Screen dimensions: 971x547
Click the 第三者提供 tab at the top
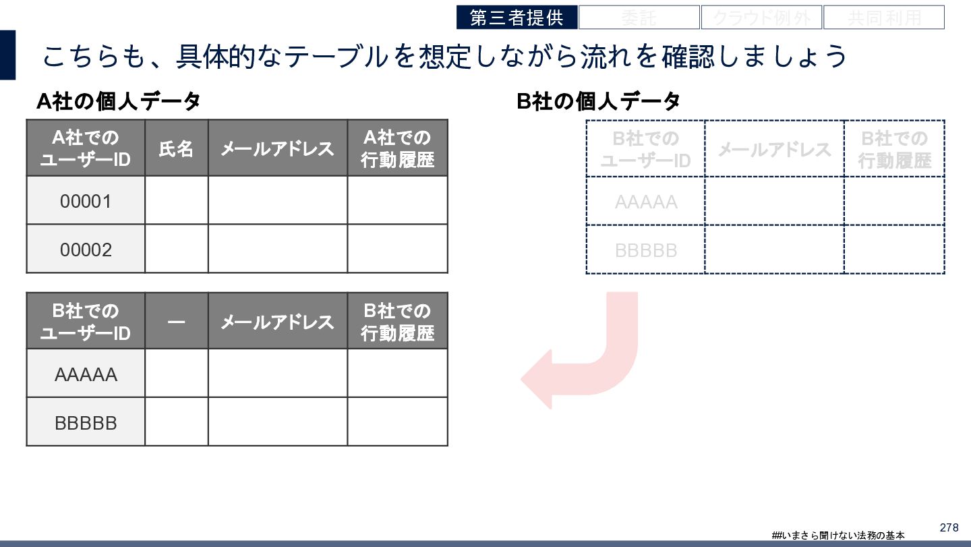point(517,18)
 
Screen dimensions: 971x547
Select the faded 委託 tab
point(639,18)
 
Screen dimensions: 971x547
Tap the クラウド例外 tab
point(761,18)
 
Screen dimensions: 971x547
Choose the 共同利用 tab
point(883,18)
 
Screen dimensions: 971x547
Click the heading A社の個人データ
point(119,102)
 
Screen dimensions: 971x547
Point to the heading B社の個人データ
point(598,102)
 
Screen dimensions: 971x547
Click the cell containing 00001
point(86,201)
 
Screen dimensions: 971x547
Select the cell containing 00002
point(86,250)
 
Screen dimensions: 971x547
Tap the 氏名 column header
point(176,148)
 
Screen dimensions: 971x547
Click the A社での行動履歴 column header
point(397,148)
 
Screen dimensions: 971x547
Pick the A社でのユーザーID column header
point(86,148)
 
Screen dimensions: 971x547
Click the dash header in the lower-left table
point(176,322)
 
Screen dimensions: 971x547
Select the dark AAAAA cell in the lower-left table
point(86,374)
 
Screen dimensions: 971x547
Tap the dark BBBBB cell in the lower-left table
point(86,423)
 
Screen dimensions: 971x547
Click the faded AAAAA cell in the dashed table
point(645,202)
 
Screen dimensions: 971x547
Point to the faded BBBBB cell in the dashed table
point(645,250)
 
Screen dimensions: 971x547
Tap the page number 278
point(949,527)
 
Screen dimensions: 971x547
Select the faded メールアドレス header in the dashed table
point(774,149)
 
